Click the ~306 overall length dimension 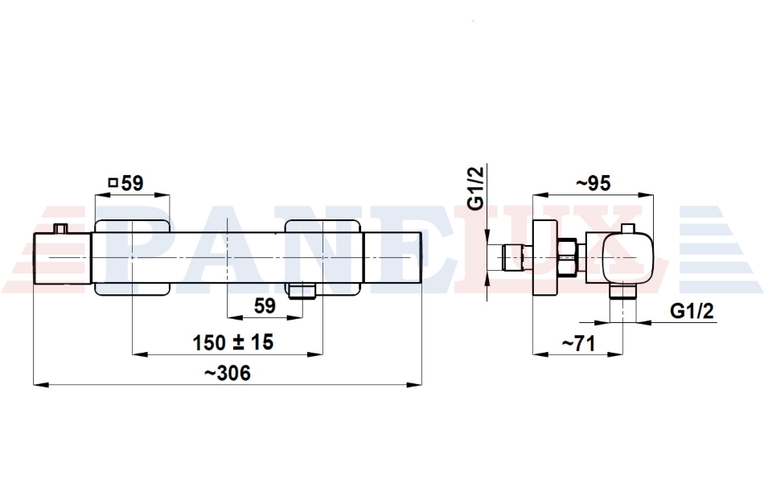pyautogui.click(x=227, y=374)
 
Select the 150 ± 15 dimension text pyautogui.click(x=233, y=342)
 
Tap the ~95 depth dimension pyautogui.click(x=593, y=183)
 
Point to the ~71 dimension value pyautogui.click(x=579, y=344)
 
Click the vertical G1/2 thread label pyautogui.click(x=475, y=188)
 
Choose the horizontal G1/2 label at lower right pyautogui.click(x=692, y=310)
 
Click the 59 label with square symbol pyautogui.click(x=126, y=183)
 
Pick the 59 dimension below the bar pyautogui.click(x=265, y=306)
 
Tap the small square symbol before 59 pyautogui.click(x=113, y=183)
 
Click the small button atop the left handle pyautogui.click(x=60, y=228)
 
